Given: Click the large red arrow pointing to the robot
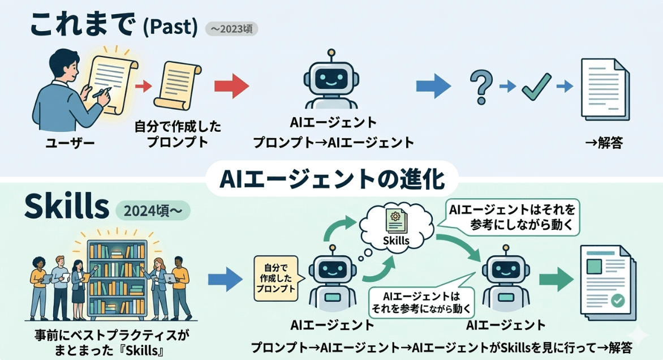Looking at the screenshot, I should pos(231,86).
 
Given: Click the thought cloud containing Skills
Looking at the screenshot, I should pos(396,226).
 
